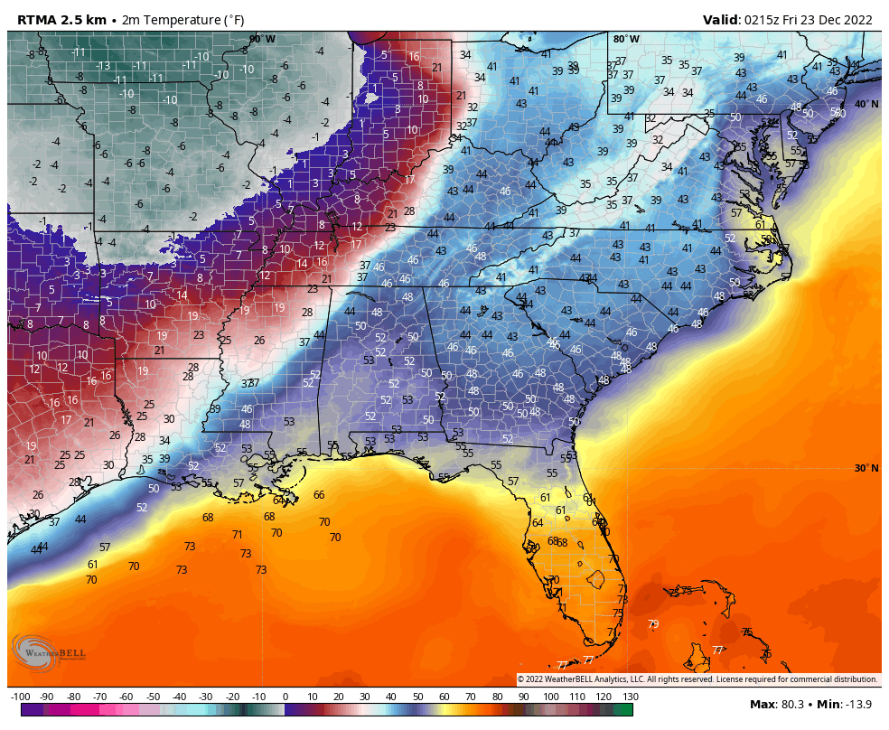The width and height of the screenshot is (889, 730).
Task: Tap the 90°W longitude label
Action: click(x=262, y=39)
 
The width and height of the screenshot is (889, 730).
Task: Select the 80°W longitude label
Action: click(x=626, y=39)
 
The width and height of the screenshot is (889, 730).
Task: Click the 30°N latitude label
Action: click(x=866, y=467)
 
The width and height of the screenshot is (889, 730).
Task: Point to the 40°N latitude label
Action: click(x=866, y=104)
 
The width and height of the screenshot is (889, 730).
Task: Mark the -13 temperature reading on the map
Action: click(x=104, y=66)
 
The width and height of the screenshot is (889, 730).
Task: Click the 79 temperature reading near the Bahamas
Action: click(x=653, y=623)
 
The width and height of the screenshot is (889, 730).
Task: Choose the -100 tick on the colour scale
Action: click(x=20, y=697)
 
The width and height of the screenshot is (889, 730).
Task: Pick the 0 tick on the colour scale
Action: click(x=285, y=697)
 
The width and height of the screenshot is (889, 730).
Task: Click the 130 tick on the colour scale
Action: click(x=631, y=697)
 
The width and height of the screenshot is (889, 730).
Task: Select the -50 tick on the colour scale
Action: click(x=153, y=697)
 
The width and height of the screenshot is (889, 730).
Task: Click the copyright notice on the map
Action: click(x=697, y=679)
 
